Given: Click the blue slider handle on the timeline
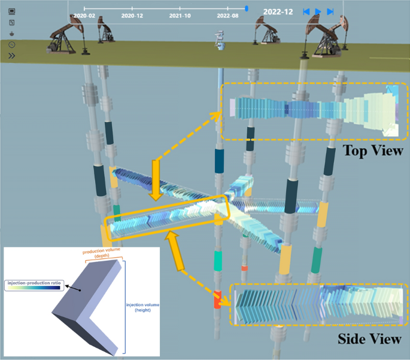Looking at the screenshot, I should (247, 8).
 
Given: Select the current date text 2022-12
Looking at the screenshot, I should (278, 11).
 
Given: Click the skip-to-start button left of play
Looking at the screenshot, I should (306, 11).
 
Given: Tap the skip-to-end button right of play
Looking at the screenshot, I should (330, 11).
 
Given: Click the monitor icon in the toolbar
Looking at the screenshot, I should (12, 11).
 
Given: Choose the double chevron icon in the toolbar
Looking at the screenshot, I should (12, 56).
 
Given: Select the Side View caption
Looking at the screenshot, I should (369, 339).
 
